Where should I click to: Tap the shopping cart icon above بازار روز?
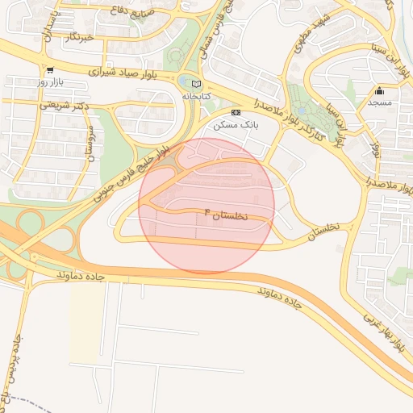click(50, 71)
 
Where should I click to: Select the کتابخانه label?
click(195, 95)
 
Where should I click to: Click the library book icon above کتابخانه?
click(196, 83)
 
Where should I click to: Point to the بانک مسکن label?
click(235, 125)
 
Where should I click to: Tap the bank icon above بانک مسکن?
click(236, 113)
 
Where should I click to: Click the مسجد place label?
click(379, 102)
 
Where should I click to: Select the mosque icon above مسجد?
click(379, 90)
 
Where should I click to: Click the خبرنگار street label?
click(79, 37)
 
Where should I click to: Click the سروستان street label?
click(90, 141)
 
